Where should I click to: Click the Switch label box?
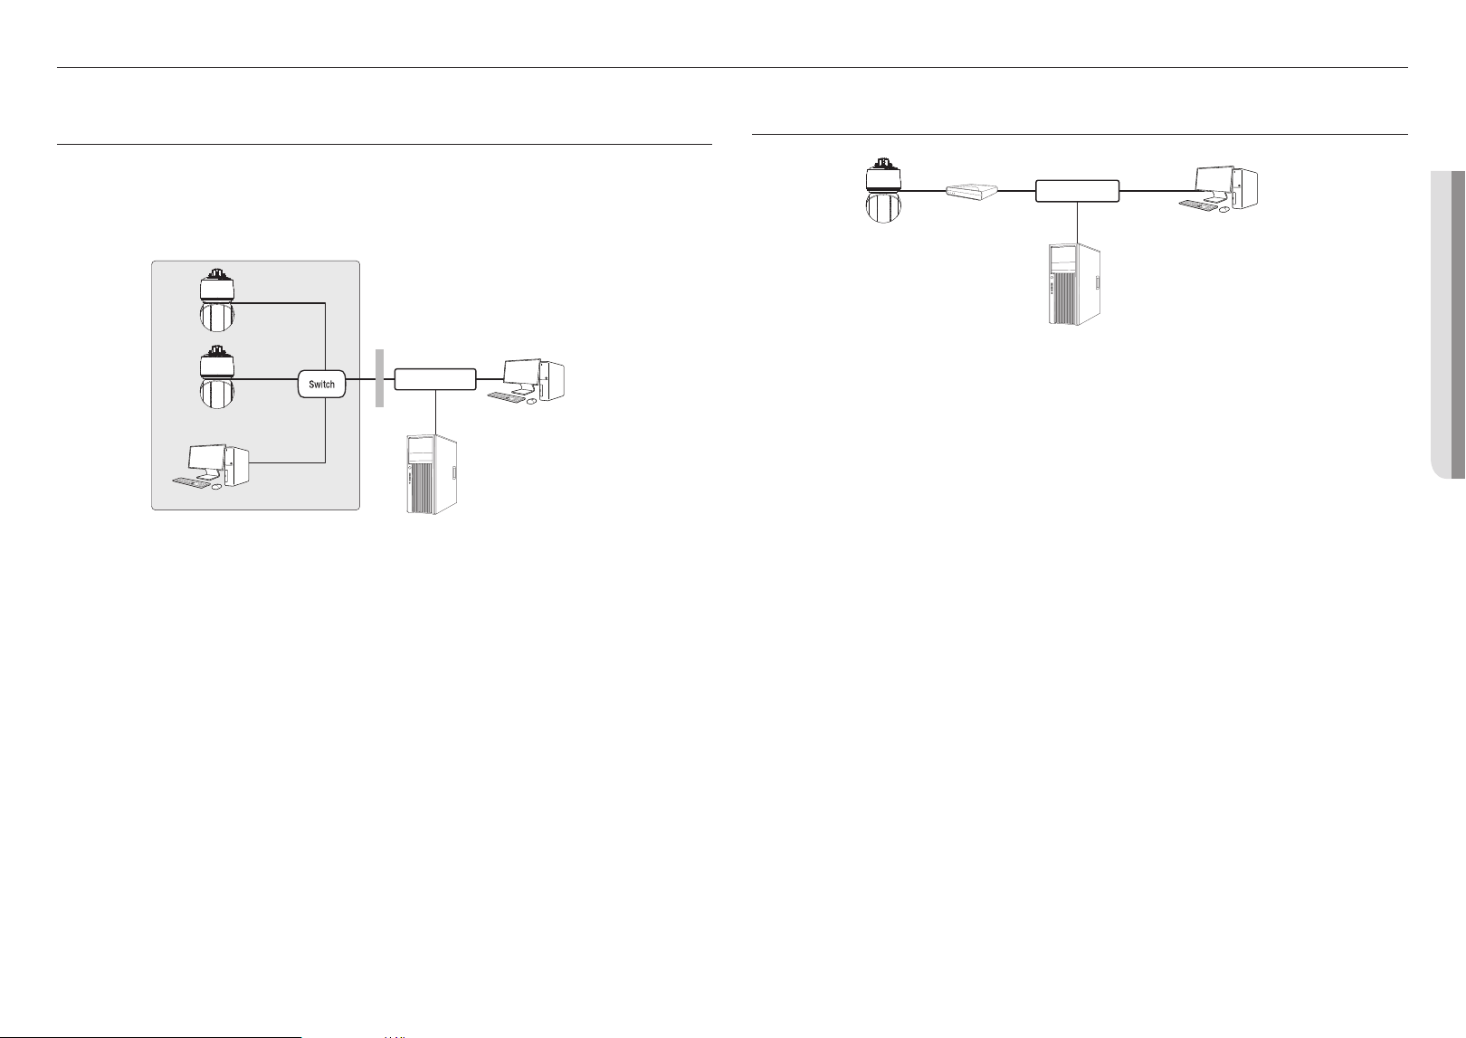tap(321, 385)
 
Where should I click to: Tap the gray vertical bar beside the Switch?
tap(379, 378)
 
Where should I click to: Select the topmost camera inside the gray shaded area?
tap(216, 299)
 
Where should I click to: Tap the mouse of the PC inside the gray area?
tap(216, 486)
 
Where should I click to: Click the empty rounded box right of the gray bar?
tap(435, 379)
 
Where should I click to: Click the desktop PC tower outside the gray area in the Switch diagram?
tap(552, 380)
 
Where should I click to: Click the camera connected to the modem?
tap(883, 190)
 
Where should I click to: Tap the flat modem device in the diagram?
tap(972, 191)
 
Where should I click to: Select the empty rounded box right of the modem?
tap(1077, 190)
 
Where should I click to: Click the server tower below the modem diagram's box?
tap(1073, 284)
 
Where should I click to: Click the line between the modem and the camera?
tap(924, 191)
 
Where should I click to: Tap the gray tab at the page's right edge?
tap(1448, 325)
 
